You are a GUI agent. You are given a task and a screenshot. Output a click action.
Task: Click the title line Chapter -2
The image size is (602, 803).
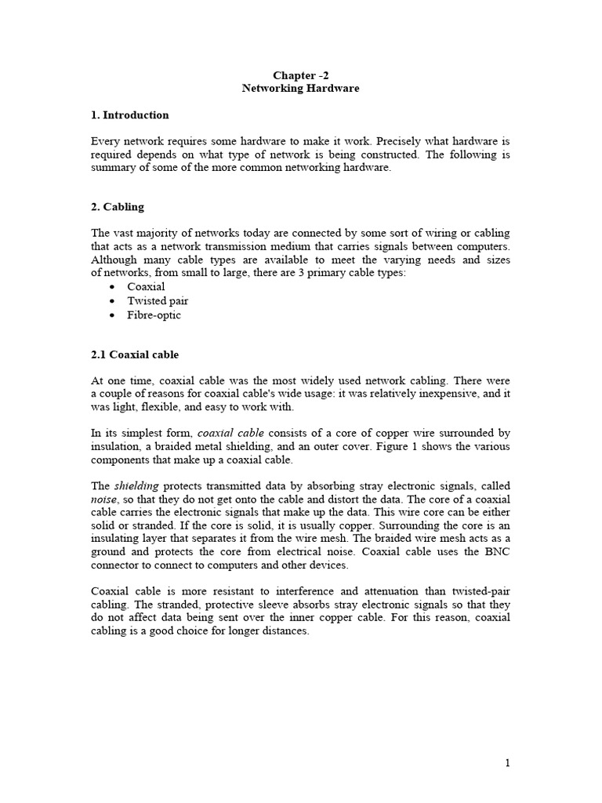300,75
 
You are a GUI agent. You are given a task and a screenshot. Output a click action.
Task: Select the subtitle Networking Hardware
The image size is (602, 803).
300,89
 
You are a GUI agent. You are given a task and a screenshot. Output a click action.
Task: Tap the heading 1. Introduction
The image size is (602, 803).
129,115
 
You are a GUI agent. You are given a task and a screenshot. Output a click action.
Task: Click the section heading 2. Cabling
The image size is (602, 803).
118,208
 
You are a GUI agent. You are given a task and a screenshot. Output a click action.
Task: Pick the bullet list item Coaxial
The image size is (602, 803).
146,287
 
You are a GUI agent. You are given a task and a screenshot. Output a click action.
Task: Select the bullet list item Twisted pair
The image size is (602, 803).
158,301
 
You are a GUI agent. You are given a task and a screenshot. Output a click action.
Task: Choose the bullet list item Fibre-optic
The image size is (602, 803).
154,315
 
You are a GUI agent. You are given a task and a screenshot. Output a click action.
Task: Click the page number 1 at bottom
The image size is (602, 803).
507,764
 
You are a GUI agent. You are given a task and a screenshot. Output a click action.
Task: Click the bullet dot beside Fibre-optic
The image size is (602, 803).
113,315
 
